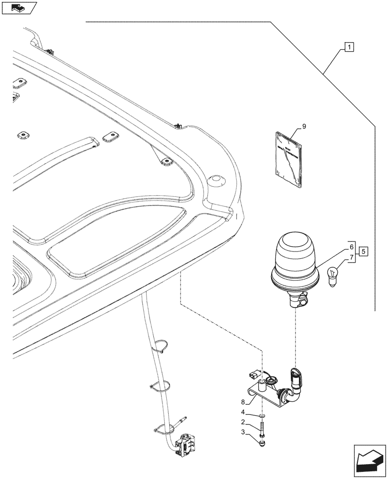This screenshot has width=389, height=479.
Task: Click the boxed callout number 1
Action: pyautogui.click(x=350, y=47)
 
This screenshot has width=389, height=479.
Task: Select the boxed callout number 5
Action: pyautogui.click(x=364, y=251)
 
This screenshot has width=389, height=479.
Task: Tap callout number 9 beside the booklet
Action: pyautogui.click(x=303, y=126)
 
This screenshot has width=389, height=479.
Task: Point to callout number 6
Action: pyautogui.click(x=352, y=247)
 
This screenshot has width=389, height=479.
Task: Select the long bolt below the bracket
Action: pyautogui.click(x=262, y=427)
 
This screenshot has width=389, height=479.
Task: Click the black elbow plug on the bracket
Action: pyautogui.click(x=296, y=378)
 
